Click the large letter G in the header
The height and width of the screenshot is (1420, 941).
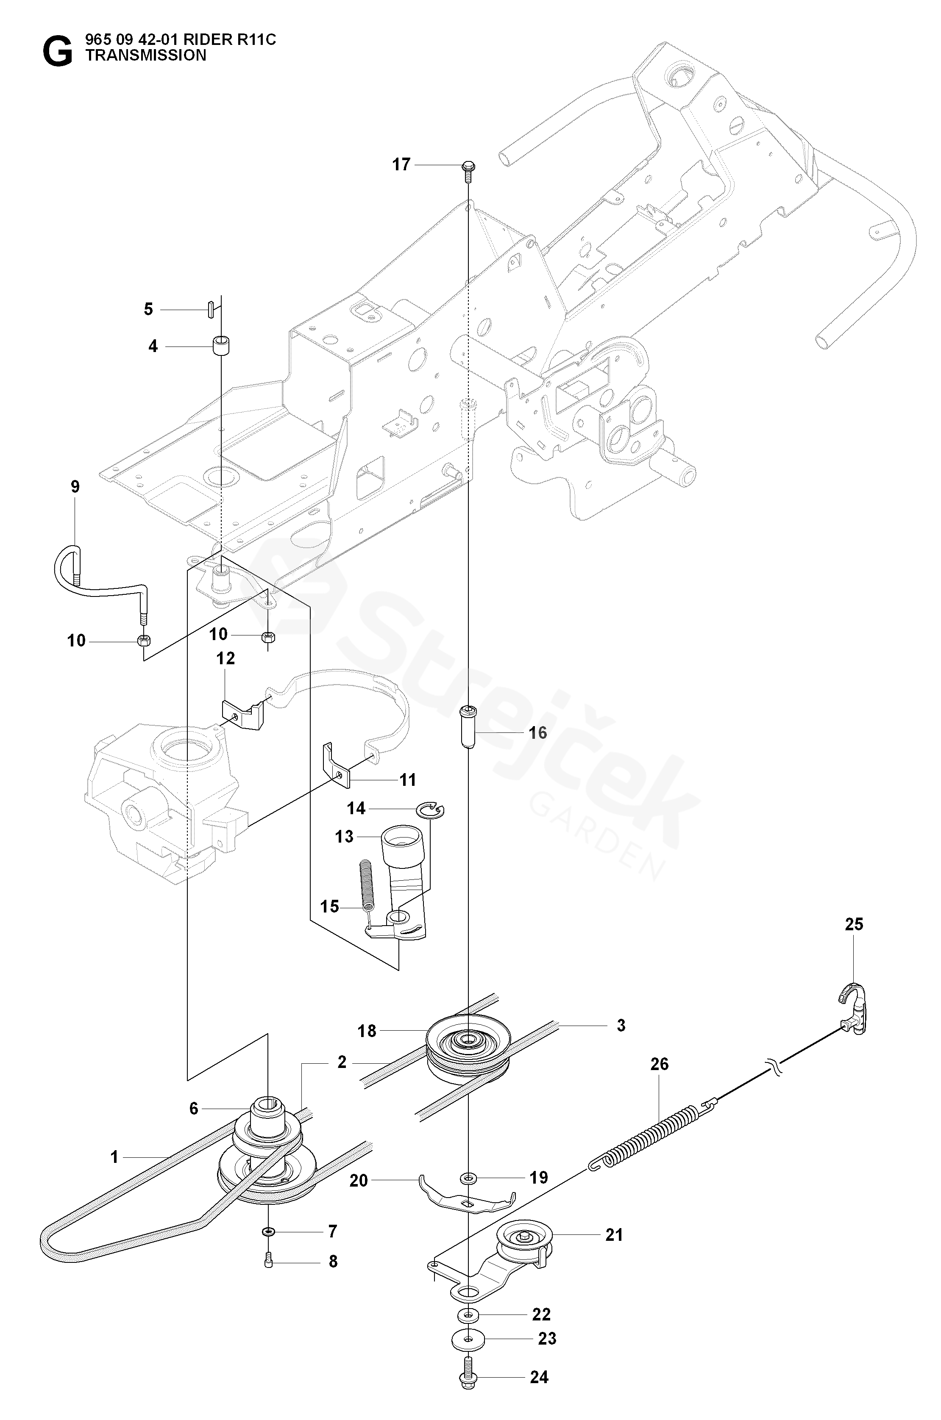pos(57,52)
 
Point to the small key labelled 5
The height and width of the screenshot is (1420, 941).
pos(211,309)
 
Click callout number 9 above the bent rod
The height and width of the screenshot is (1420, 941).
pos(75,486)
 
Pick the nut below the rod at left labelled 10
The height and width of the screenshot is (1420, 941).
pos(144,641)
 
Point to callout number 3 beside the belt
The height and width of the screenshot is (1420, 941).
pos(621,1026)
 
